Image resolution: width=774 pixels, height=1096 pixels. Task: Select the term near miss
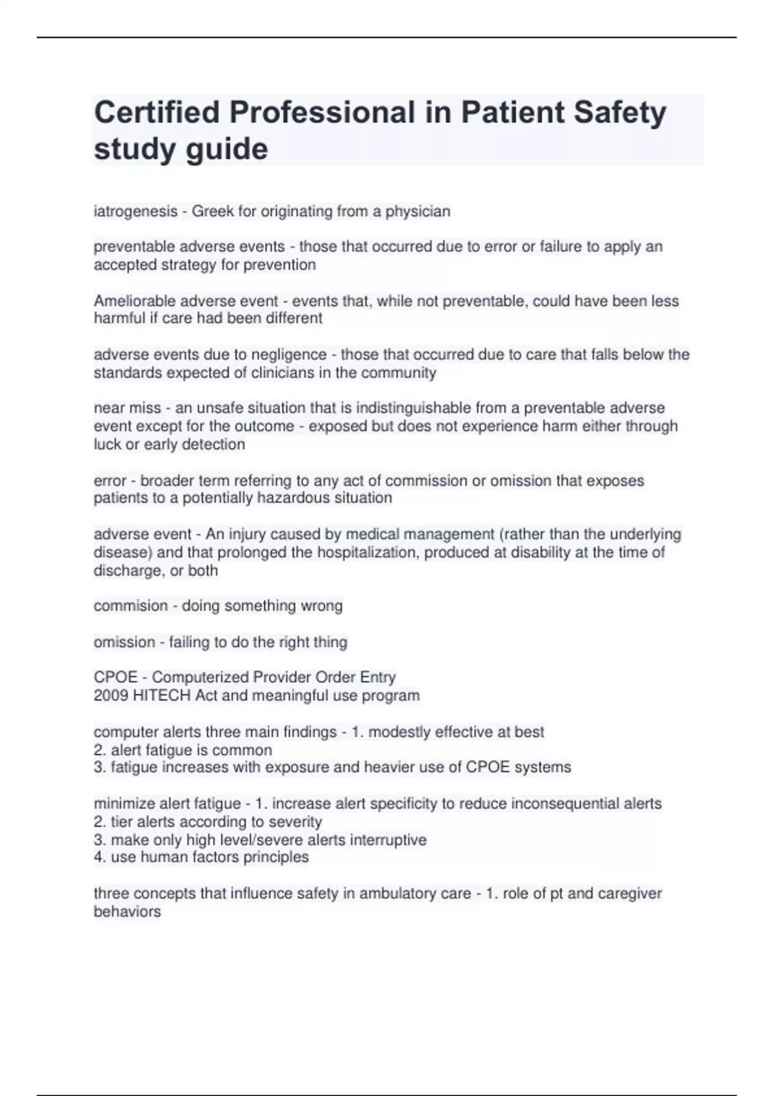click(x=127, y=408)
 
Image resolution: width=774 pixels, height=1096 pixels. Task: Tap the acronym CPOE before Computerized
click(x=115, y=678)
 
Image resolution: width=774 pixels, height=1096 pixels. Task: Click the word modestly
click(x=399, y=732)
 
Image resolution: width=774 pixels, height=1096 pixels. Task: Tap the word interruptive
click(x=388, y=840)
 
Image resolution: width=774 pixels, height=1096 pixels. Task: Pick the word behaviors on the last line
click(x=127, y=912)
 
